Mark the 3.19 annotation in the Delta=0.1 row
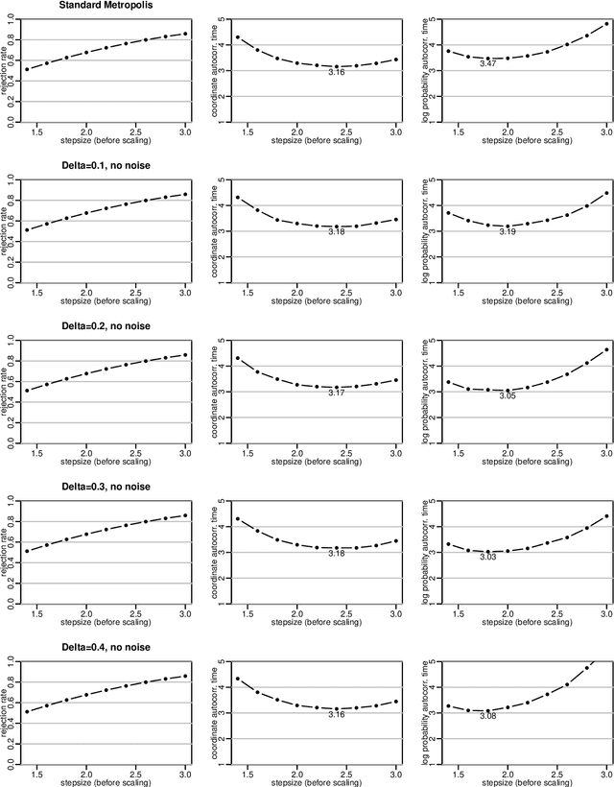click(508, 232)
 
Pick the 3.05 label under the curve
click(508, 395)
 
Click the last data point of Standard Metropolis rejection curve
click(185, 34)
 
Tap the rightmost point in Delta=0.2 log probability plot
click(605, 349)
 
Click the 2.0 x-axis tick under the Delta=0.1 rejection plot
click(86, 294)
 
